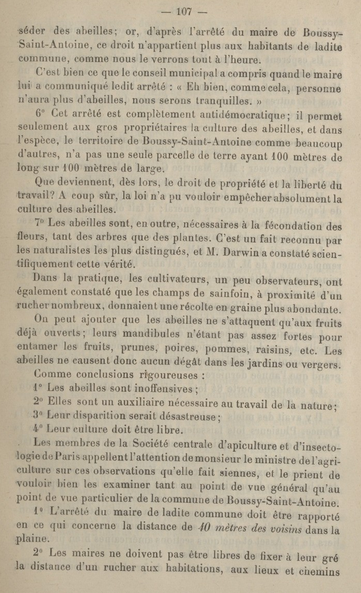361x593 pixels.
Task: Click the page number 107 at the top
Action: coord(184,12)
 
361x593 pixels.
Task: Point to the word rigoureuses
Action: coord(167,375)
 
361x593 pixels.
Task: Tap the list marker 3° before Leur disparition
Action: coord(37,415)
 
